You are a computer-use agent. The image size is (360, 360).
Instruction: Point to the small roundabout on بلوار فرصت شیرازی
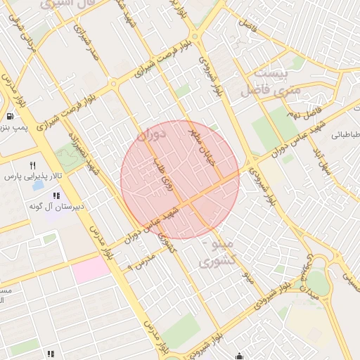113,84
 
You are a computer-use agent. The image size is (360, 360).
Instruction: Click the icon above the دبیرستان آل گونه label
56,195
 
